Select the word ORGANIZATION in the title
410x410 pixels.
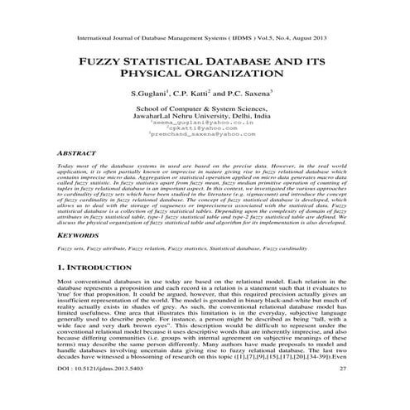coord(241,77)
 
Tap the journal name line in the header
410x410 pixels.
coord(205,38)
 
